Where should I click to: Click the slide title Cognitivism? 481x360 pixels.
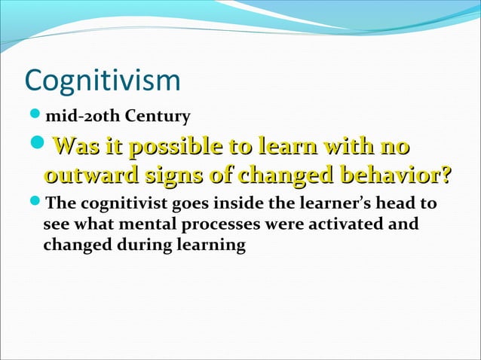(103, 82)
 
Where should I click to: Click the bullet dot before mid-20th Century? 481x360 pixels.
(36, 116)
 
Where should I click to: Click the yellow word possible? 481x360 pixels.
(172, 147)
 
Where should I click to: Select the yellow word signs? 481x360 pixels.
(171, 178)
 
